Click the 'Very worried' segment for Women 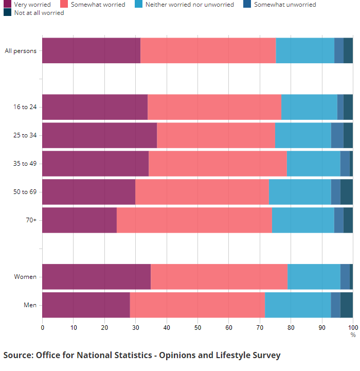tap(96, 277)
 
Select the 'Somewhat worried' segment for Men tap(197, 305)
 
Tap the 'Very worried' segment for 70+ tap(79, 220)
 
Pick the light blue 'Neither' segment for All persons tap(305, 50)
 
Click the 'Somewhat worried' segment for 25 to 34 tap(216, 135)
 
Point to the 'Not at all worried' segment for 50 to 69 tap(347, 192)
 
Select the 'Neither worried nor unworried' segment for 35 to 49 tap(314, 164)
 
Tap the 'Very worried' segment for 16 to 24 tap(95, 107)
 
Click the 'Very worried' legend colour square tap(7, 5)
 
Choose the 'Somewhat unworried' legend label tap(285, 5)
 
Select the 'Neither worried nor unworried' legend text tap(189, 5)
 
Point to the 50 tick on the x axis tap(197, 327)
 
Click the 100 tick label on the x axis tap(352, 327)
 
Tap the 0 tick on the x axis tap(42, 327)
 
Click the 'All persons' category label tap(21, 50)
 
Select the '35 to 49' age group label tap(25, 164)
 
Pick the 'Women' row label tap(25, 277)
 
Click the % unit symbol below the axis tap(353, 334)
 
